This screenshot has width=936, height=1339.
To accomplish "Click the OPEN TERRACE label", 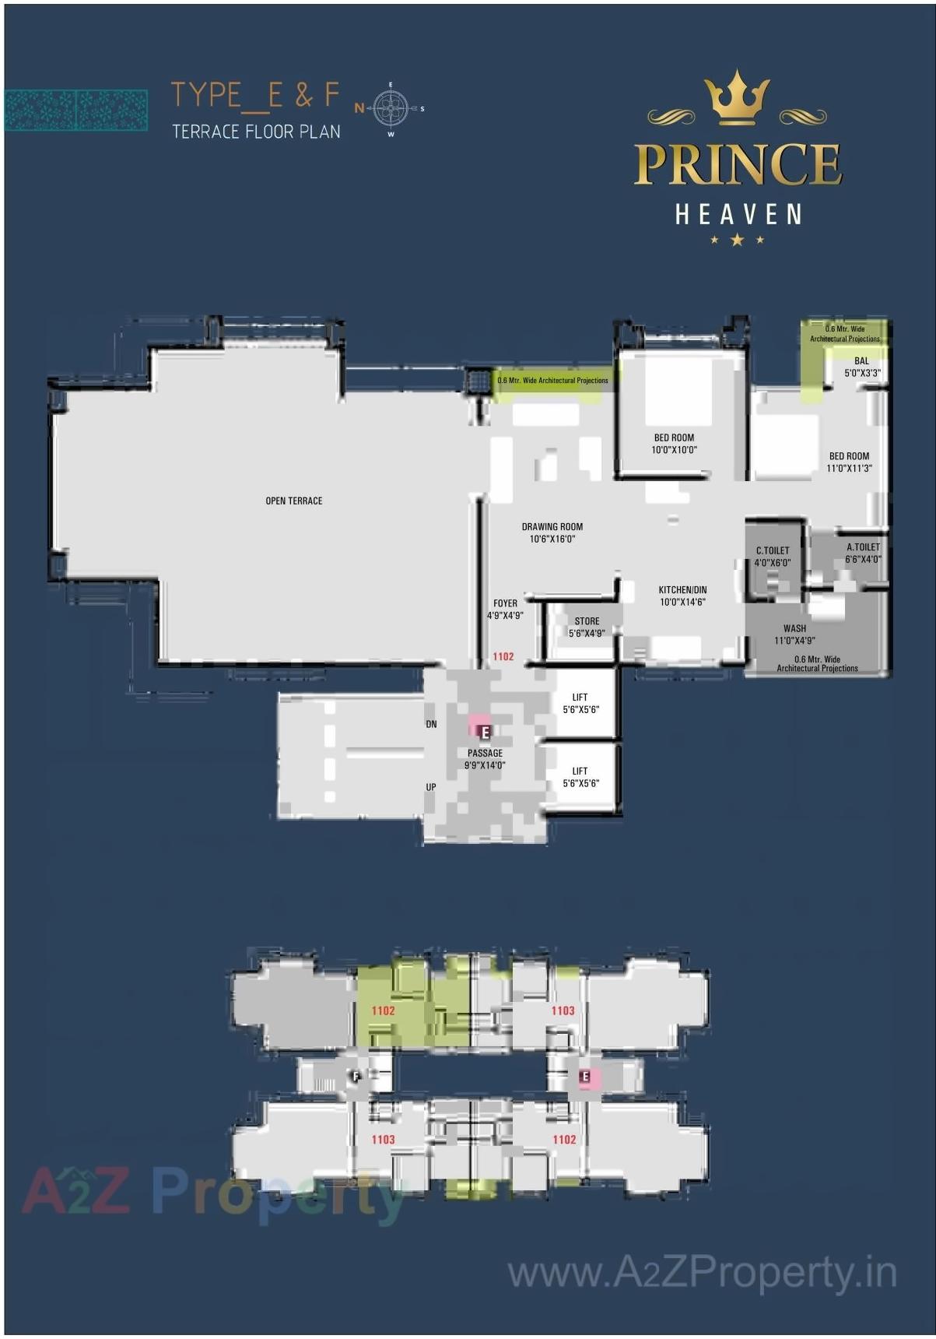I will [x=293, y=501].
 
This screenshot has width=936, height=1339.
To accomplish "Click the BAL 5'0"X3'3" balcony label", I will [x=862, y=367].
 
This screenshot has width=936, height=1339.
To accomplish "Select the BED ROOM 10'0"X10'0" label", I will [x=674, y=444].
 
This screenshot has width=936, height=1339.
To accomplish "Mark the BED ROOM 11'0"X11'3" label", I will [x=849, y=462].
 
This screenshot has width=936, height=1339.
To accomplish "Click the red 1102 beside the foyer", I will [x=503, y=656].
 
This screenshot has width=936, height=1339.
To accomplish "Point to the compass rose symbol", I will [x=391, y=108].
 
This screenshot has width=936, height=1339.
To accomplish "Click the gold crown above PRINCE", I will [x=737, y=99].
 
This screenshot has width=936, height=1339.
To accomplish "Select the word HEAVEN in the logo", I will [x=738, y=215].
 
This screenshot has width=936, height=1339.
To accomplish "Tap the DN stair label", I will [x=431, y=724].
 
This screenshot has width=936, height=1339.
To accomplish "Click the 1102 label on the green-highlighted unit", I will [x=383, y=1010].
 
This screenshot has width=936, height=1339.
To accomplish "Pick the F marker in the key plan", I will [x=356, y=1077].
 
